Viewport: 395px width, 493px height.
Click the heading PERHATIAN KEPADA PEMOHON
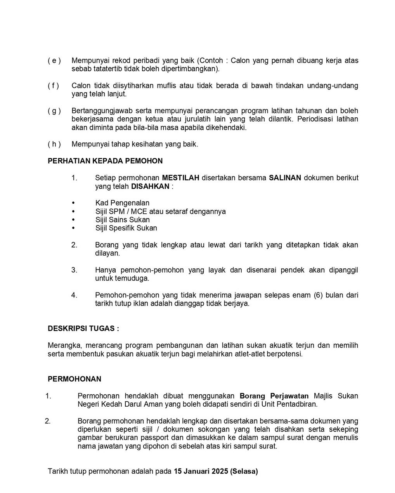(105, 161)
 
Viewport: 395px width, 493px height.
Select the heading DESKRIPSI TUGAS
(83, 328)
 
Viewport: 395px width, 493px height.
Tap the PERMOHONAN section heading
(74, 379)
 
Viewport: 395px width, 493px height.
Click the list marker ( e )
(54, 61)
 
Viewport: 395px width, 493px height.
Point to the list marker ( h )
(54, 144)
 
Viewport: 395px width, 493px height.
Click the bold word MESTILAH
(180, 178)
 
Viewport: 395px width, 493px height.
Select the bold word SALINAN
(285, 178)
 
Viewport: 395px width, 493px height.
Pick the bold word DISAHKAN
(150, 186)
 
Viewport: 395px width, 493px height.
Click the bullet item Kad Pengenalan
(122, 203)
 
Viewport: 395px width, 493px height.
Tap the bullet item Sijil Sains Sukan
(123, 220)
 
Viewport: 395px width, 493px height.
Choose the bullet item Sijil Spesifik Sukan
(126, 228)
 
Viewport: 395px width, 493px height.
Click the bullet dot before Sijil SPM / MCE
(73, 211)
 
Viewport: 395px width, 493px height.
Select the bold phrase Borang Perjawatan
(274, 396)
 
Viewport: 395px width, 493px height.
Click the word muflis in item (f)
(166, 86)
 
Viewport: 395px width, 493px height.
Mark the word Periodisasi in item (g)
(315, 119)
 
